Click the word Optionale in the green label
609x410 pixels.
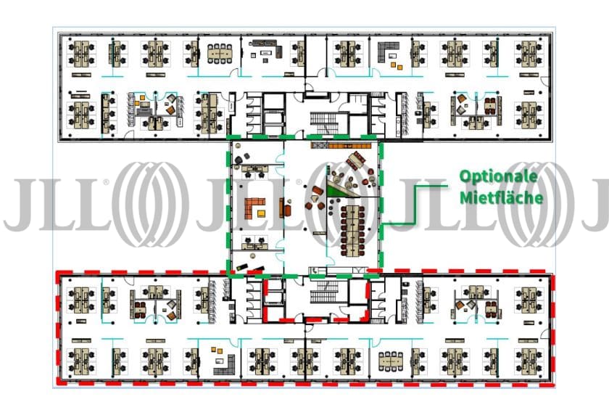click(x=498, y=177)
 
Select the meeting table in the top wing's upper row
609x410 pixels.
click(x=218, y=52)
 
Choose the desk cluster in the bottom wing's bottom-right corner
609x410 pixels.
click(x=528, y=360)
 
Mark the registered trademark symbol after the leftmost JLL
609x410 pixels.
click(x=106, y=184)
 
